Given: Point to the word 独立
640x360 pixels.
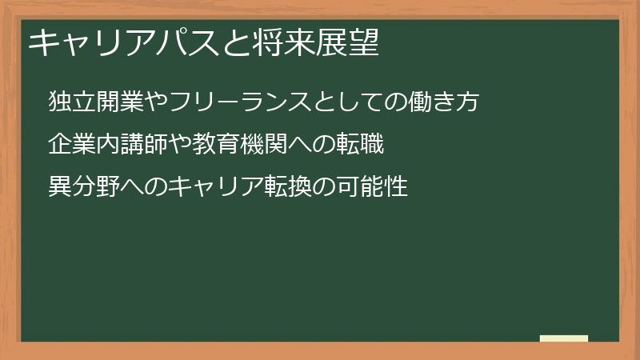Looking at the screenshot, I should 68,103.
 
